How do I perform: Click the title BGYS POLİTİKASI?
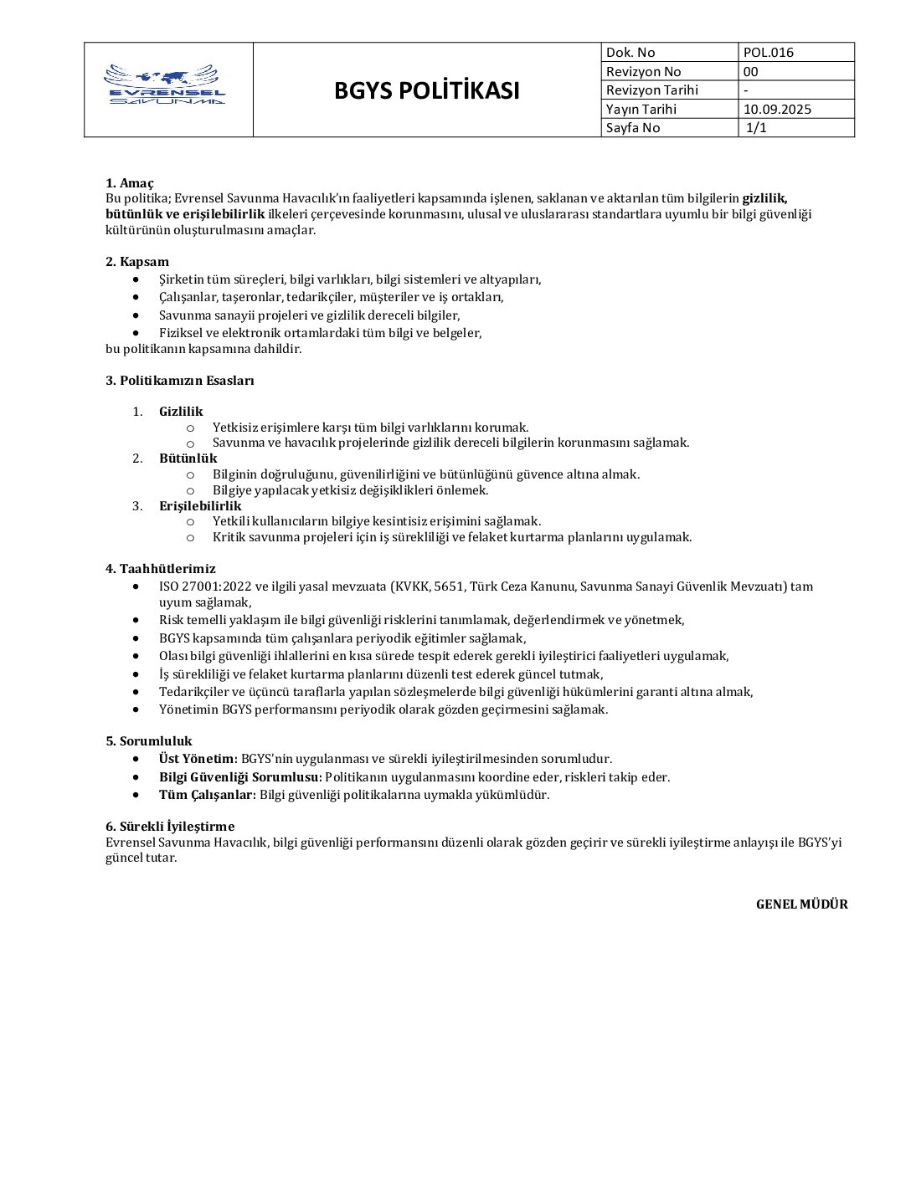click(427, 90)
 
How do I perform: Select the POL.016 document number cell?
click(769, 53)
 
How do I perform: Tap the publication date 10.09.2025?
click(777, 109)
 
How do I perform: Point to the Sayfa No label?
click(633, 128)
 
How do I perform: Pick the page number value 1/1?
click(757, 128)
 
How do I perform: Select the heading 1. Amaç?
click(130, 183)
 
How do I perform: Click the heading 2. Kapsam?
click(137, 262)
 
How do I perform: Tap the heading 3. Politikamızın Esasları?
click(180, 381)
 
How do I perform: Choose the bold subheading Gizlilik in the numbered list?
click(181, 412)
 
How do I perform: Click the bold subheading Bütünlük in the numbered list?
click(188, 458)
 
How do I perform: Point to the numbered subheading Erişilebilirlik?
click(200, 506)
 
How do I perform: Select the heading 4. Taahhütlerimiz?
click(161, 569)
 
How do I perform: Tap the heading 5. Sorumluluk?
click(149, 741)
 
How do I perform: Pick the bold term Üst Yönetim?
click(197, 759)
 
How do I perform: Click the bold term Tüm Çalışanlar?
click(205, 795)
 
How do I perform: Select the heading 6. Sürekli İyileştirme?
click(170, 827)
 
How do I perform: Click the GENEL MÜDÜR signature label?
click(801, 904)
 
